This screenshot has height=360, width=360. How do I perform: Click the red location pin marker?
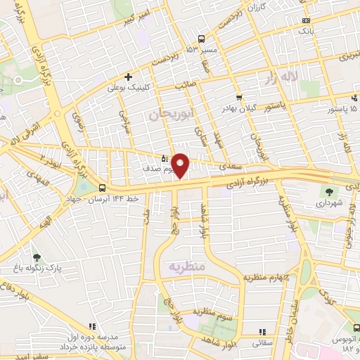(x=181, y=165)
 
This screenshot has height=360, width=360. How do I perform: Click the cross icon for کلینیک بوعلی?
(x=128, y=77)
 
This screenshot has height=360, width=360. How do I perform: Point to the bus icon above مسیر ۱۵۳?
(x=201, y=39)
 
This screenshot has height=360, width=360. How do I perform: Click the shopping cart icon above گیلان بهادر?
(x=240, y=97)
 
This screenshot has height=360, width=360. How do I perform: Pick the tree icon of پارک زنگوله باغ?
(x=37, y=259)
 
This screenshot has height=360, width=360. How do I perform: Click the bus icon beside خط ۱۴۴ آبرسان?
(x=103, y=188)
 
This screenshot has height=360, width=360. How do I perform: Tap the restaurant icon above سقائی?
(x=262, y=332)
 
